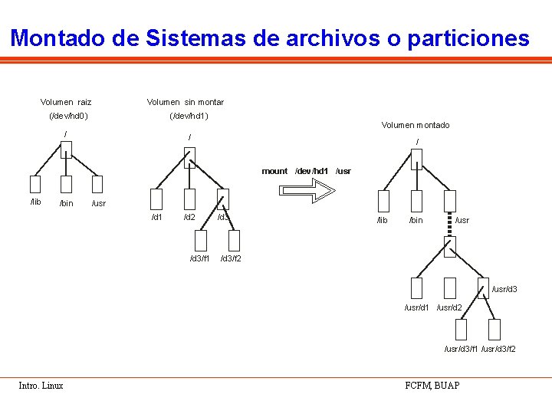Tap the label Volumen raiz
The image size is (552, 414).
point(66,102)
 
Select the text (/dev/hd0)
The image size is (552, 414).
point(68,117)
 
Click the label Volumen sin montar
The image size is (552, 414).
point(186,102)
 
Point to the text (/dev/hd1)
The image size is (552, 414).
point(189,117)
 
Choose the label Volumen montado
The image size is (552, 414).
point(416,125)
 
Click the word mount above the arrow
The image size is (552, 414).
point(274,171)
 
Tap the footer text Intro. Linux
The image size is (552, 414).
point(41,386)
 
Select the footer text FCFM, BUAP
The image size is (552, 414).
point(432,385)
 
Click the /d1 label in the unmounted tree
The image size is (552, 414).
point(157,217)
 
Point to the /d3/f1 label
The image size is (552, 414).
point(200,258)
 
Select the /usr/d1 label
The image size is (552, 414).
point(417,308)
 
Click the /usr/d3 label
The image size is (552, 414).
point(504,289)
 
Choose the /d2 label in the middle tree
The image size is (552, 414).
point(189,217)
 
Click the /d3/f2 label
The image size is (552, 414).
point(231,258)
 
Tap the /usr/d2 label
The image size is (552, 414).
point(449,308)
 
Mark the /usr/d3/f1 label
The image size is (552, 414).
point(462,350)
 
